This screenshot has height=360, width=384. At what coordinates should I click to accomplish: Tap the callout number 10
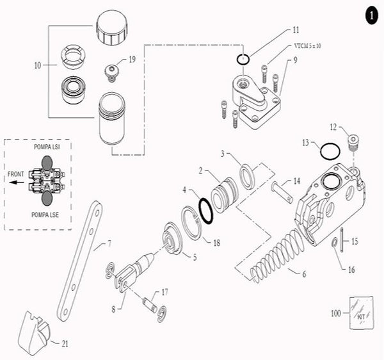pos(38,65)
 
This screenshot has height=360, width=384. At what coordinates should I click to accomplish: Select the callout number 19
pos(132,60)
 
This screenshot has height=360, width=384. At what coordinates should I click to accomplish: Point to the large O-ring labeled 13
pos(329,151)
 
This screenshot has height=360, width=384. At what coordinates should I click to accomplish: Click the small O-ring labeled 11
pos(241,60)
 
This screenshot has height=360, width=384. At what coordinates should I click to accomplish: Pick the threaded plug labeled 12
pos(351,140)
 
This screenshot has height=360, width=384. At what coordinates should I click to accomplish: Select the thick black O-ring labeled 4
pos(206,211)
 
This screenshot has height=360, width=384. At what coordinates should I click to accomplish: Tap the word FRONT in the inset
pos(15,174)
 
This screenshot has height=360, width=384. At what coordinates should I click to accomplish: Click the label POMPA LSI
pos(48,148)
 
